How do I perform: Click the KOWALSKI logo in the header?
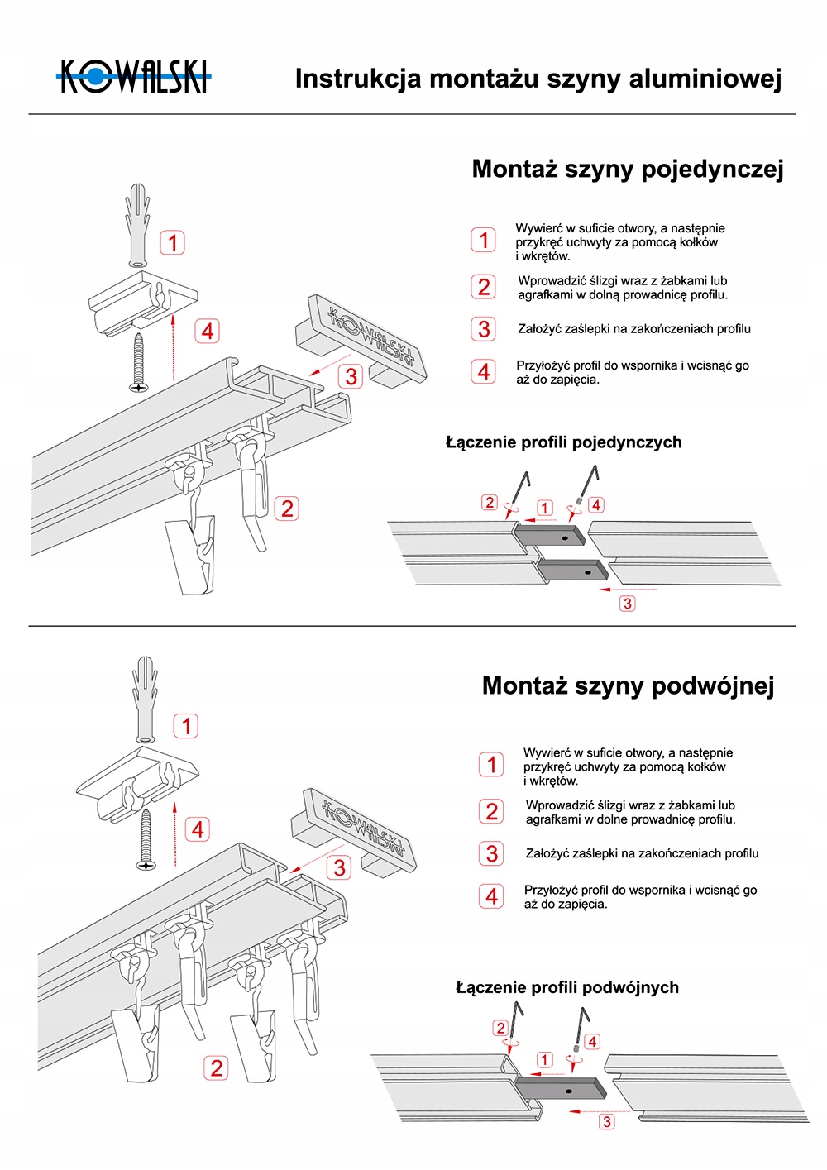click(x=134, y=77)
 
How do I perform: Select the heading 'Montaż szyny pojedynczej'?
click(x=627, y=170)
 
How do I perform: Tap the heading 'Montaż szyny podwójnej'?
click(x=628, y=686)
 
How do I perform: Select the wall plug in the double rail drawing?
click(x=146, y=700)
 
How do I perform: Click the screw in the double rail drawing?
click(x=147, y=839)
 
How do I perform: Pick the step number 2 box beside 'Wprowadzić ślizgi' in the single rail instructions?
click(x=484, y=287)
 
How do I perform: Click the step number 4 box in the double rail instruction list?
click(x=491, y=896)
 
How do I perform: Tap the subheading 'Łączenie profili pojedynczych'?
click(x=563, y=442)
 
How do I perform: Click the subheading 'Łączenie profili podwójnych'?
click(x=567, y=987)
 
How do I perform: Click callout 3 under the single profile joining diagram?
click(x=628, y=604)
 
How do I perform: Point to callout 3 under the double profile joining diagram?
click(x=607, y=1122)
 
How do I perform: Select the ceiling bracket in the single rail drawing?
click(x=142, y=302)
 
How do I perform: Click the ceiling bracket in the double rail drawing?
click(x=137, y=781)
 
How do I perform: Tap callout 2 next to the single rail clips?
click(x=287, y=509)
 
